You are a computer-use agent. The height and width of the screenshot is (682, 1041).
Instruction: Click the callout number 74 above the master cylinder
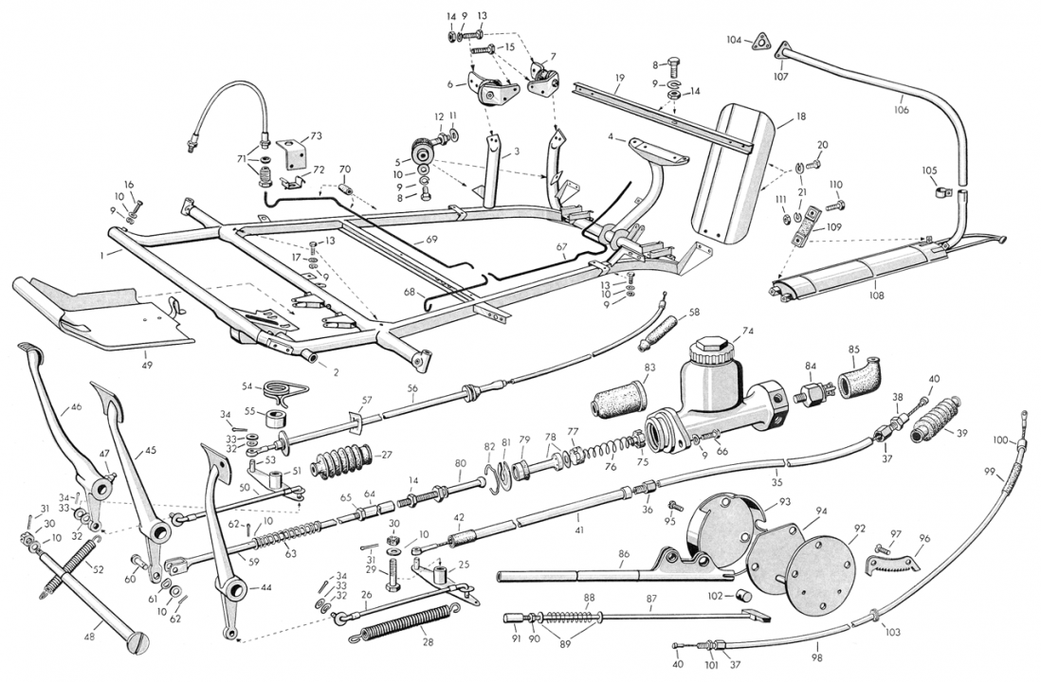(x=748, y=332)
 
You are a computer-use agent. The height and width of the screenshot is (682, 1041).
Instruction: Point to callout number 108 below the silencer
(x=874, y=296)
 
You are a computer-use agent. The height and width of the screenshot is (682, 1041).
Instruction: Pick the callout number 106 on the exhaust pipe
(x=900, y=110)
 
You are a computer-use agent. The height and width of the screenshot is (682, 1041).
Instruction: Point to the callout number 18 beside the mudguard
(x=801, y=117)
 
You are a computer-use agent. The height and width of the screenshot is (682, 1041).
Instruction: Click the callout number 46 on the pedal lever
(x=77, y=410)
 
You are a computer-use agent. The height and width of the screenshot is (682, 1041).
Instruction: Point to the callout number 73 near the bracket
(x=316, y=136)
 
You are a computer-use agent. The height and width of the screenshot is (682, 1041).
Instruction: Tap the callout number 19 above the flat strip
(x=618, y=79)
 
